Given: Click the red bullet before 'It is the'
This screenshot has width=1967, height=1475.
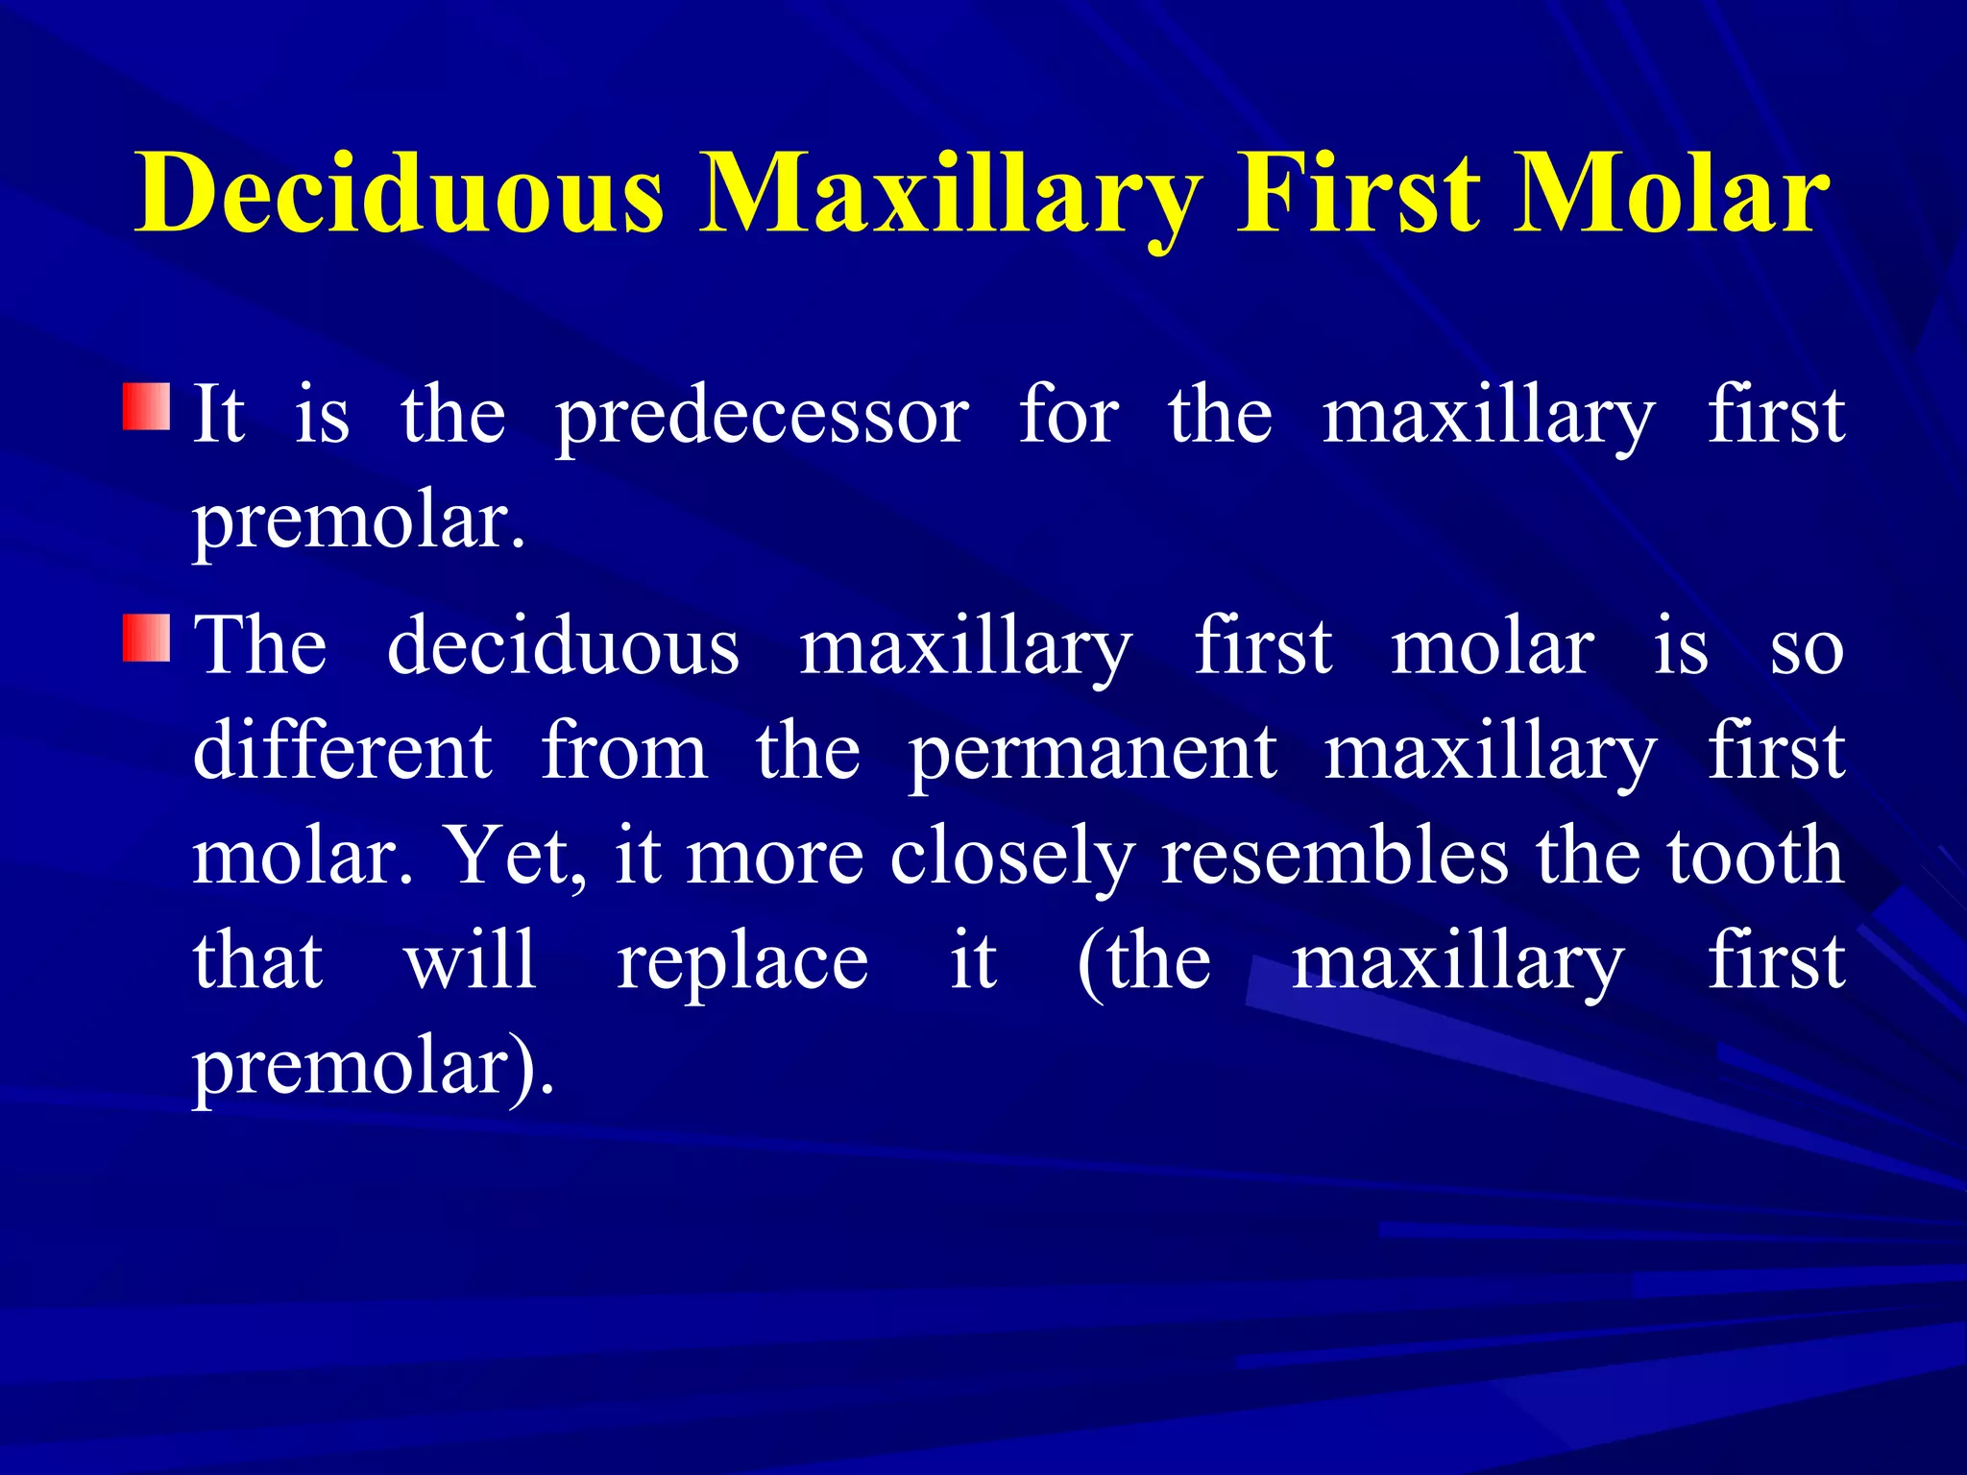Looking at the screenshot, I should (x=146, y=407).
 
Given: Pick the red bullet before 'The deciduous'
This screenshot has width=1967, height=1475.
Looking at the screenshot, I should (x=146, y=639).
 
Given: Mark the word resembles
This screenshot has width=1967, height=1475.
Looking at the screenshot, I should (x=1335, y=856).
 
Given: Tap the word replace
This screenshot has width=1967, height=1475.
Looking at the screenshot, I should (x=742, y=963).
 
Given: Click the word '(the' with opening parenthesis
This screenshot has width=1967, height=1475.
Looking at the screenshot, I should (x=1143, y=961).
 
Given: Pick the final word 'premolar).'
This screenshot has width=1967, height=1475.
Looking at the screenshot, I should (x=373, y=1068).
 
